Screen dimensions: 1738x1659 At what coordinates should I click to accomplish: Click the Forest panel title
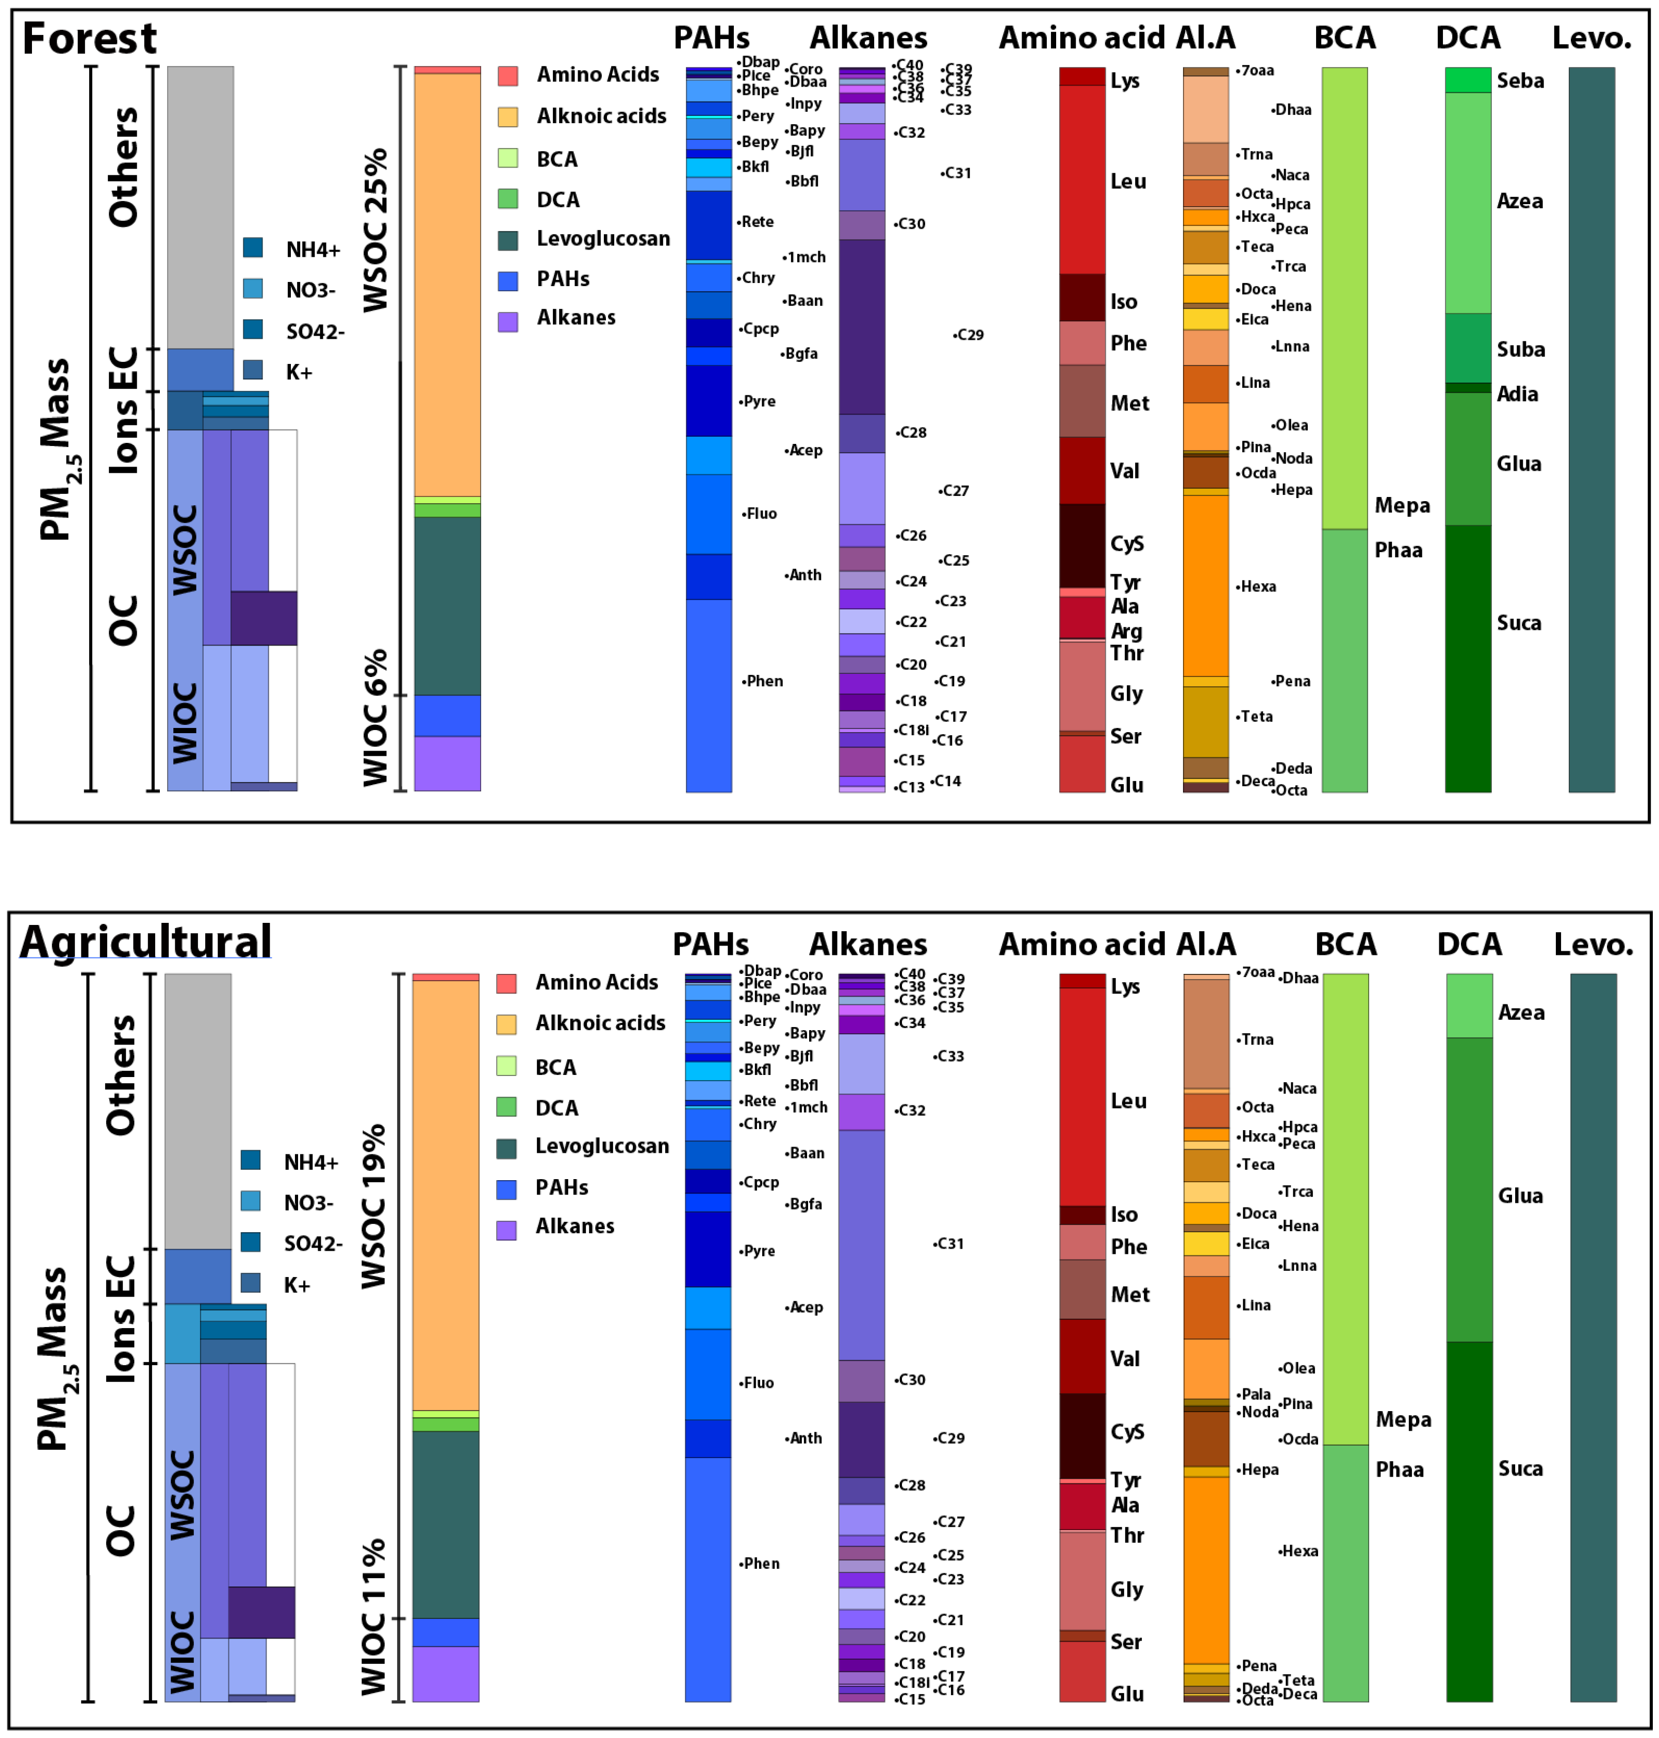click(88, 39)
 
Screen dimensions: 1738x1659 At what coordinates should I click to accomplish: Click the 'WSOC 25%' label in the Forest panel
click(376, 230)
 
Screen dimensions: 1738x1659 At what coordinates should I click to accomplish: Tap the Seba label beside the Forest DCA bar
click(1520, 80)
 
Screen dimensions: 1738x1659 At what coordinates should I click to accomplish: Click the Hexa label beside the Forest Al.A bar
click(1257, 586)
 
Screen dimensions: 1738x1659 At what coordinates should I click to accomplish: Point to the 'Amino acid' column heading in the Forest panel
click(1081, 38)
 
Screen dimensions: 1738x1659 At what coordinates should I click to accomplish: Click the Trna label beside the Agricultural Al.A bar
click(1257, 1039)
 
